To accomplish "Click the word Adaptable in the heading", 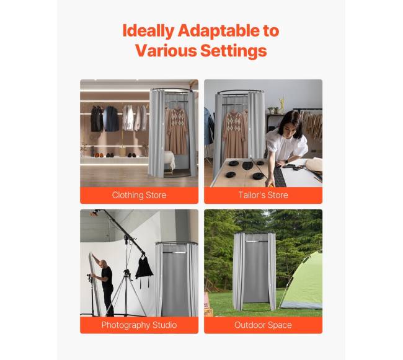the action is (218, 31).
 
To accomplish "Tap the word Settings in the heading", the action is (233, 50).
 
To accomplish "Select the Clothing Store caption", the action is (139, 195).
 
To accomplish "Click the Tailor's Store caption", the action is (263, 195).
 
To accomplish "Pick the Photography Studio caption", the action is (139, 325).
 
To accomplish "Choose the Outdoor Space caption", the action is (263, 325).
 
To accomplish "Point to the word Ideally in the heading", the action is (148, 31).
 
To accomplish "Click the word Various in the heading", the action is (166, 50).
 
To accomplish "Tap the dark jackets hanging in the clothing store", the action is (105, 118).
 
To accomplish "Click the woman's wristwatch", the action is (286, 162).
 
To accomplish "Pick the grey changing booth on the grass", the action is (254, 271).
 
